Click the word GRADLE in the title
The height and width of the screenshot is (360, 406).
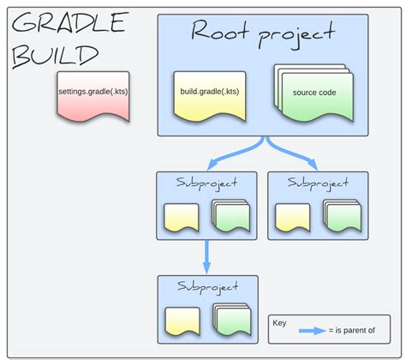tap(70, 24)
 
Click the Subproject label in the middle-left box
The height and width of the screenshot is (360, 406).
tap(206, 183)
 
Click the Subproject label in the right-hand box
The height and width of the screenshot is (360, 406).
tap(318, 183)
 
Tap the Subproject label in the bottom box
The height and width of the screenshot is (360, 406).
tap(206, 286)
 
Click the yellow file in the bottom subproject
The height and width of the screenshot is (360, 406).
tap(182, 321)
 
